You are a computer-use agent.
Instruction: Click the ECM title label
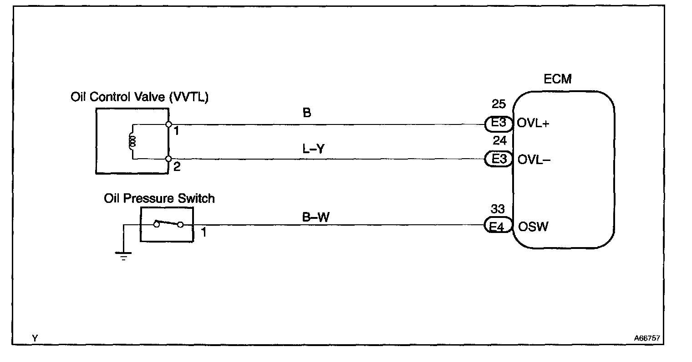[557, 79]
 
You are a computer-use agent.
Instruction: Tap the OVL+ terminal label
[533, 124]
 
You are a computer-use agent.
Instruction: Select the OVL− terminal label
[533, 159]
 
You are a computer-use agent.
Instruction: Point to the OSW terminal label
[533, 226]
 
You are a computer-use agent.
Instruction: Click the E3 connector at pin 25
[497, 124]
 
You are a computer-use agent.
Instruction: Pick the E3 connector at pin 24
[497, 159]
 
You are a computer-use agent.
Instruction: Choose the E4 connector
[497, 226]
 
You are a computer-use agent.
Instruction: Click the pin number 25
[499, 104]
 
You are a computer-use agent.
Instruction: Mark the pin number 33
[498, 209]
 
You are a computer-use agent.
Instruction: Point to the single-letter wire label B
[307, 113]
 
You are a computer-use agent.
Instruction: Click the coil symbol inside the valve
[133, 142]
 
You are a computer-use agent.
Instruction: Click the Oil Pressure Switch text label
[159, 198]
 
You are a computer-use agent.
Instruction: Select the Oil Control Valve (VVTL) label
[139, 98]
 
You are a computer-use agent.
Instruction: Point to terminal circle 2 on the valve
[168, 159]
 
